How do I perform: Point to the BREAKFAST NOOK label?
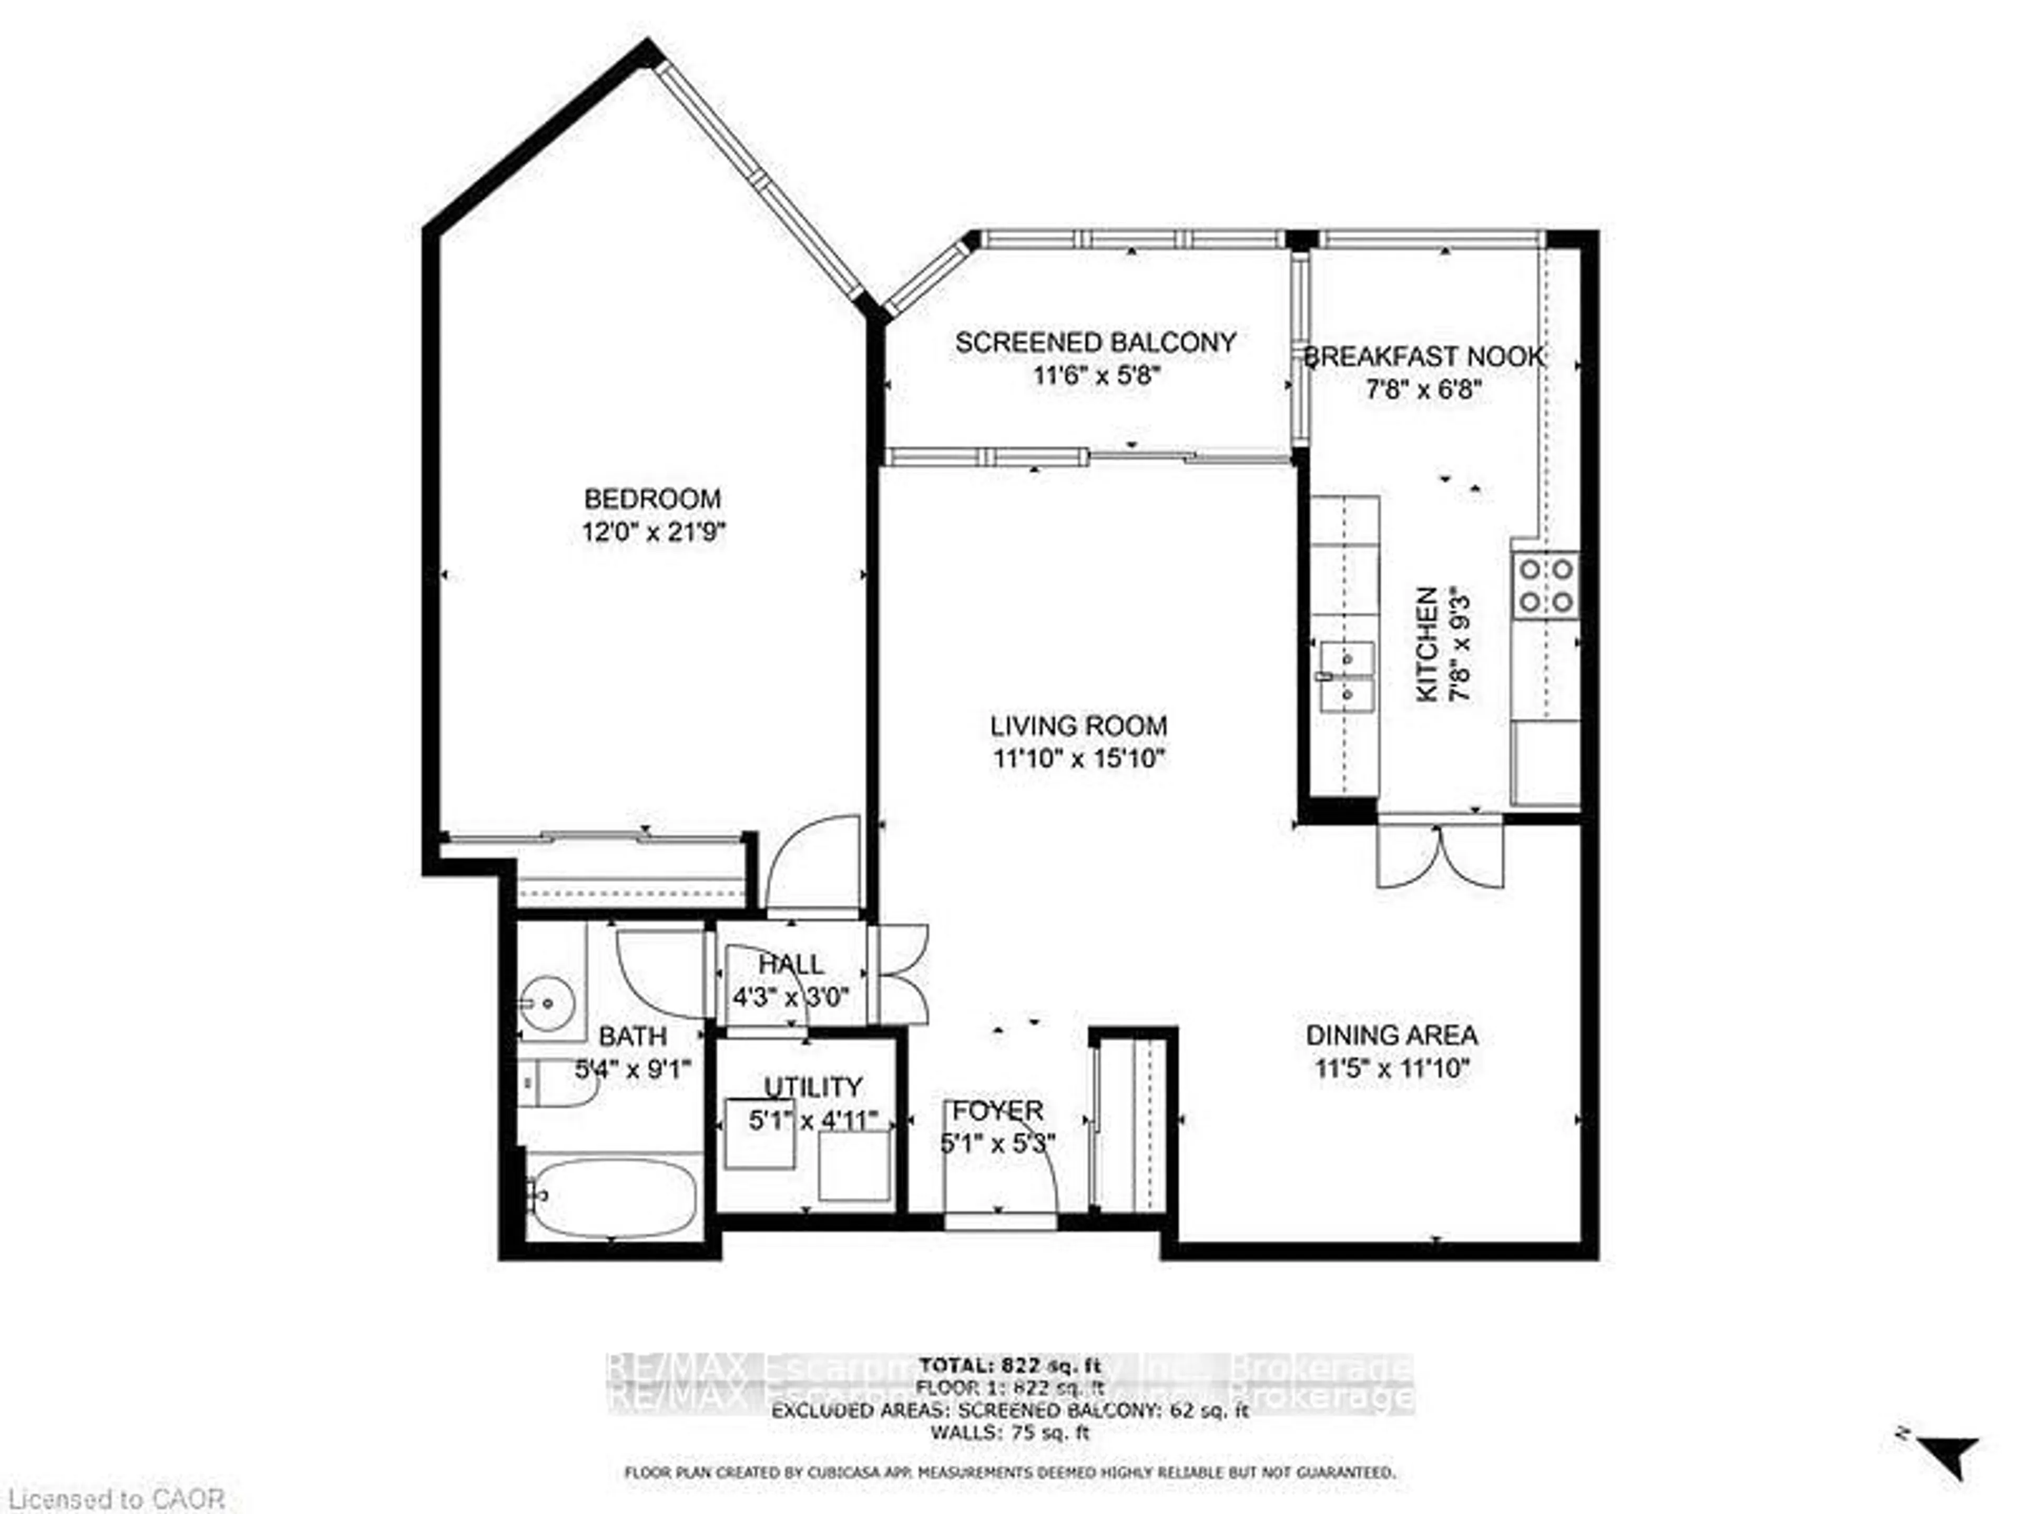pyautogui.click(x=1424, y=357)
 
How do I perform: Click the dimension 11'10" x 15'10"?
pyautogui.click(x=1079, y=759)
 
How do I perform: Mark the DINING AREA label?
pyautogui.click(x=1392, y=1035)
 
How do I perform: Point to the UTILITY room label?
pyautogui.click(x=812, y=1087)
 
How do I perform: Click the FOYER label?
pyautogui.click(x=997, y=1111)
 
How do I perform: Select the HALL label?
pyautogui.click(x=790, y=964)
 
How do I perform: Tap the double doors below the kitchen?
pyautogui.click(x=1440, y=856)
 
